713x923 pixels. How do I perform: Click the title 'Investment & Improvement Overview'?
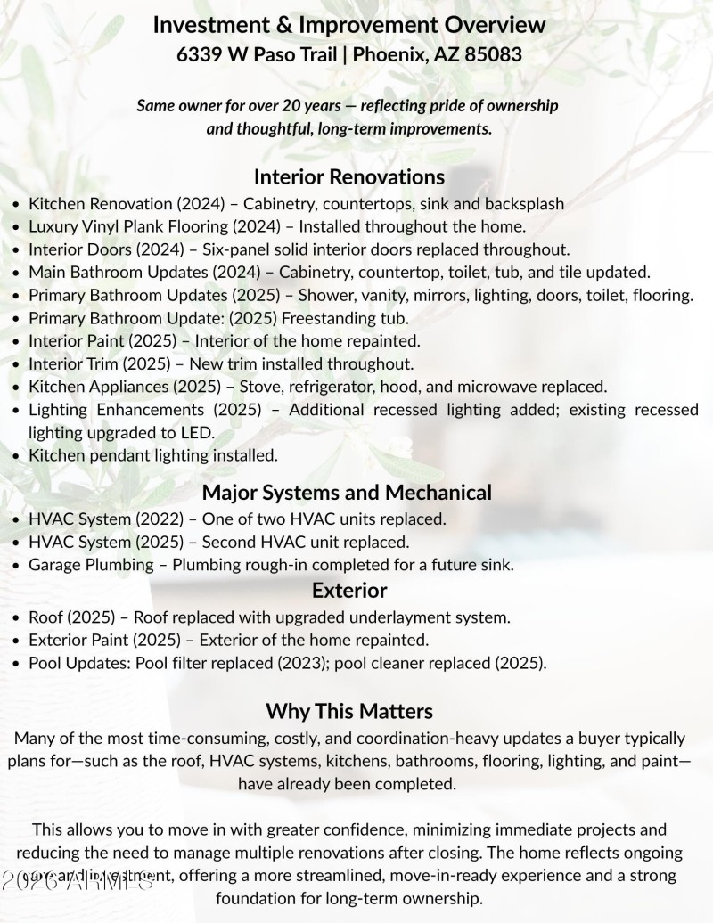[349, 25]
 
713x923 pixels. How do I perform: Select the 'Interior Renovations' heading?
[349, 176]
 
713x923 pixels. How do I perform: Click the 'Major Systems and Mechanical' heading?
[347, 492]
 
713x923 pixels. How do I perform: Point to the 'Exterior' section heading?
[349, 590]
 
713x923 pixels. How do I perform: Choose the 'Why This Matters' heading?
[349, 710]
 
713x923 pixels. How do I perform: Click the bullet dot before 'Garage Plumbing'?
[17, 565]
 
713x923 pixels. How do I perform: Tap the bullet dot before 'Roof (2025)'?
[17, 617]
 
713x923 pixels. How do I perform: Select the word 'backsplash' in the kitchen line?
[523, 203]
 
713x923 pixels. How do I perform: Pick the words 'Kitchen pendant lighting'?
[112, 455]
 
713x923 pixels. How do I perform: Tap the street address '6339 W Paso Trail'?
[258, 54]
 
